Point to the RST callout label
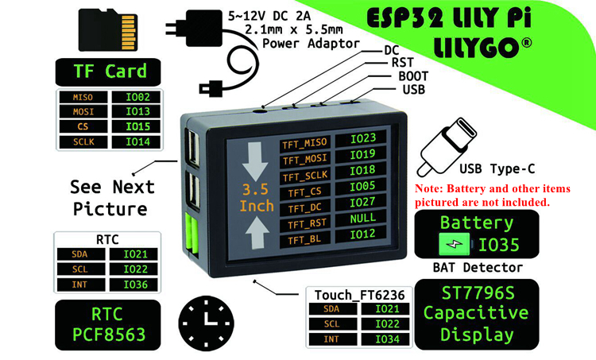398,62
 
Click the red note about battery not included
493,195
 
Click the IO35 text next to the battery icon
500,244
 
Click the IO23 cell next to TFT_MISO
362,138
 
